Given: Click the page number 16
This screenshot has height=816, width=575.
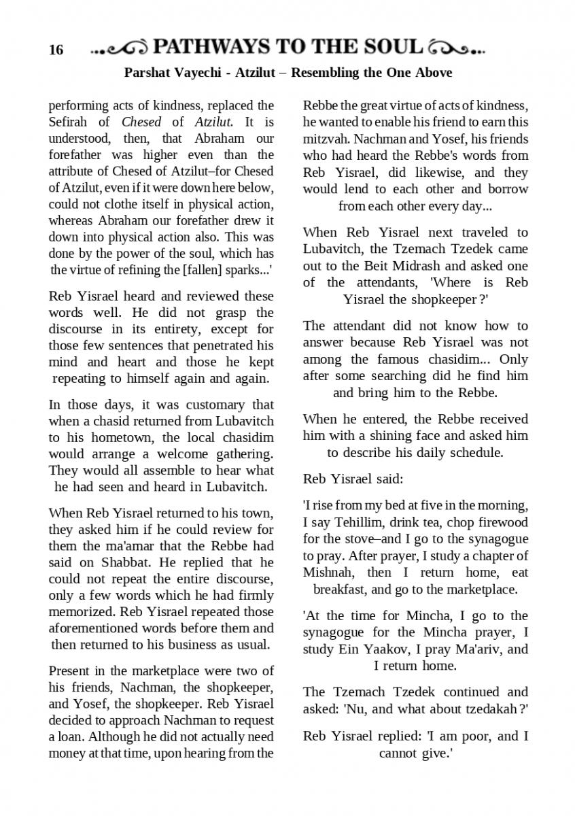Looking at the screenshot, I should (x=56, y=50).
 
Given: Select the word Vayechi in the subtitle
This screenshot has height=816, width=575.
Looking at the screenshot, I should (x=200, y=72).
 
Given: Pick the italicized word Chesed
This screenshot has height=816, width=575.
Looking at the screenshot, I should (x=141, y=122).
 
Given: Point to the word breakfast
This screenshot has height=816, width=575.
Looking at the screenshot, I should (x=342, y=589).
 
